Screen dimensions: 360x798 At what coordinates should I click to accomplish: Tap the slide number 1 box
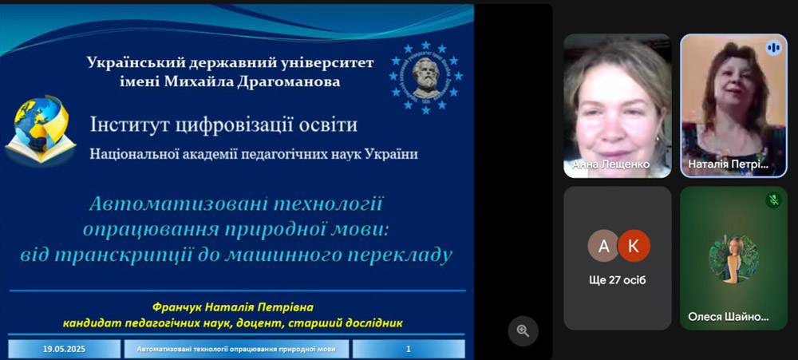[408, 350]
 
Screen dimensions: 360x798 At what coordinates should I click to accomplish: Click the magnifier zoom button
[523, 330]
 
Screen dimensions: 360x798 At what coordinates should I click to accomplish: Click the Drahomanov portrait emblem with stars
[426, 78]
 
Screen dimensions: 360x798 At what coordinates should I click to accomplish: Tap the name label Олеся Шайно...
[729, 317]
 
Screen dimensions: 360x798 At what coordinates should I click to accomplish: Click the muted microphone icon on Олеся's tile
[772, 200]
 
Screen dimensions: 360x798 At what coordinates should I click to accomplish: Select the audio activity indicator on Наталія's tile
[772, 48]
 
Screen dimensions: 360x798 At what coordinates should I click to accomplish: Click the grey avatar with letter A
[603, 246]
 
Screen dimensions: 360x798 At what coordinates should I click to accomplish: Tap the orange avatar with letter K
[634, 246]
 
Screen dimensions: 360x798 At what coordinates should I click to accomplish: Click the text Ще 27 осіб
[618, 279]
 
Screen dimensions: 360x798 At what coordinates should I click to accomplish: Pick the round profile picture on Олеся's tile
[733, 258]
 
